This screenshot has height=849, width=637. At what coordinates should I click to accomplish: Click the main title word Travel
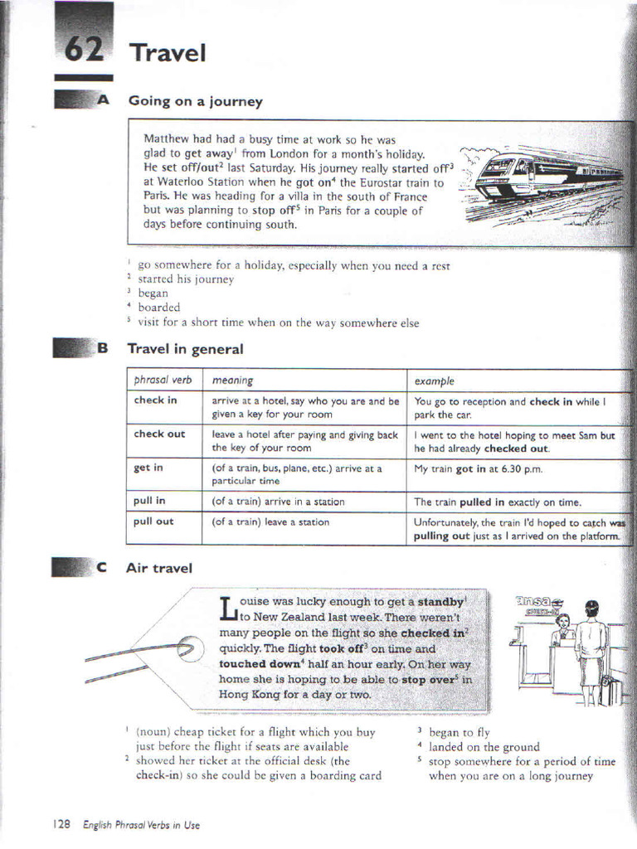(167, 53)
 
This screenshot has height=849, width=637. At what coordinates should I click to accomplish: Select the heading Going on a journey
(195, 101)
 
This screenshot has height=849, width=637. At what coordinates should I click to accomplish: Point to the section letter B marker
(102, 349)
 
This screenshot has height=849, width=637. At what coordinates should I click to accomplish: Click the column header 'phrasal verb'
(163, 381)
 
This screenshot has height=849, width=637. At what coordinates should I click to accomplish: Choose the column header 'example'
(435, 381)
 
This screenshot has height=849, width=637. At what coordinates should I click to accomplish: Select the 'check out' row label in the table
(159, 434)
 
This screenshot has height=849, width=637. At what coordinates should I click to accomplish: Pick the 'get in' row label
(148, 468)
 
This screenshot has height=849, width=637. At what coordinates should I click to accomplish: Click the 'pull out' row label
(153, 522)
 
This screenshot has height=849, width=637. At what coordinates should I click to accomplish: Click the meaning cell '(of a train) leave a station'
(270, 522)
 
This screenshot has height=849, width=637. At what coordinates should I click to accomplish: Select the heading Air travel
(159, 568)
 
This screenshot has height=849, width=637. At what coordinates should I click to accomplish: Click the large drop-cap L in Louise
(228, 609)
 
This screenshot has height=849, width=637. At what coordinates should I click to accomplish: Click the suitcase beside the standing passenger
(610, 691)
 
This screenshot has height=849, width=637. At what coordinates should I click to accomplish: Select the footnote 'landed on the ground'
(484, 747)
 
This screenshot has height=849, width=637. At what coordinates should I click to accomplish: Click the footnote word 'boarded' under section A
(158, 308)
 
